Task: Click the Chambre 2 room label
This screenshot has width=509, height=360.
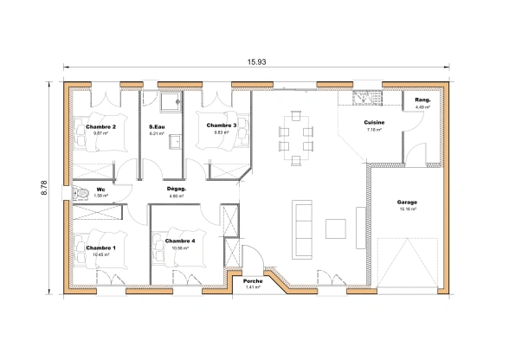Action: pos(101,126)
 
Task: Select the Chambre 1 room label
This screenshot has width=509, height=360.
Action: pos(100,247)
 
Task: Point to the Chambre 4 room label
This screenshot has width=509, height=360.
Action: pos(180,241)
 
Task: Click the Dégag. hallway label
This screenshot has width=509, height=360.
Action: pos(177,189)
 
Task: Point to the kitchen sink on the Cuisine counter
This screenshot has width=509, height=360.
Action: pos(367,98)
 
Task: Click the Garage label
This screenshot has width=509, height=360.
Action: pos(408,202)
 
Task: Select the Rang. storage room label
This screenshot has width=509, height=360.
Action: pos(423,100)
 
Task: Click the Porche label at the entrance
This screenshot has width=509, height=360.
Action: pos(253,281)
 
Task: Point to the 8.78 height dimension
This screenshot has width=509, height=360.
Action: pos(45,188)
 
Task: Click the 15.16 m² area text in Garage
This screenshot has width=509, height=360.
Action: pos(408,209)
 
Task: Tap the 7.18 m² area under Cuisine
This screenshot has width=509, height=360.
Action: pos(374,130)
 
